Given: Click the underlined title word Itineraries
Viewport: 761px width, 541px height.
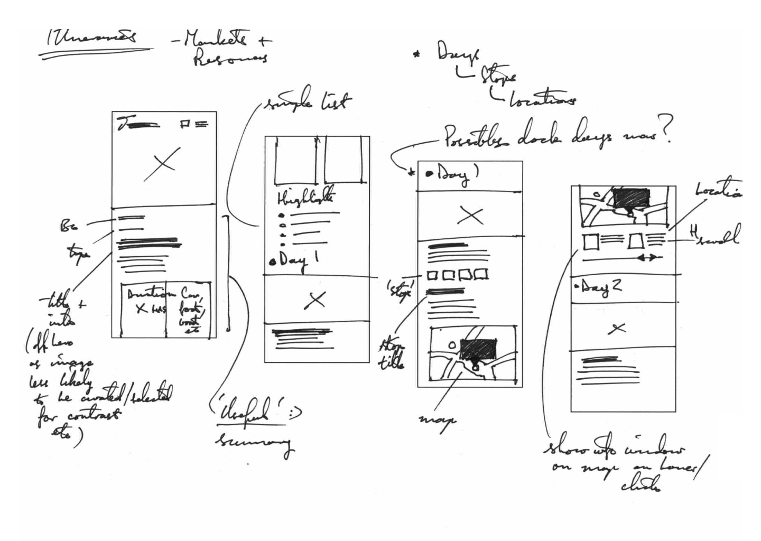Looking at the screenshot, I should (x=90, y=39).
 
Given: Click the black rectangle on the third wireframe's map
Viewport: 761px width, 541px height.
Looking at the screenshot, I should (x=478, y=349).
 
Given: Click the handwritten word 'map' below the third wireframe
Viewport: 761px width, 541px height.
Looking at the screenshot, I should (x=438, y=419).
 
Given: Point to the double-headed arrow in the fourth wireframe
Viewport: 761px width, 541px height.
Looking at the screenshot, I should (x=649, y=257).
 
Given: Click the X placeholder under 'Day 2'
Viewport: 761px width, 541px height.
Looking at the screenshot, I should (x=617, y=329).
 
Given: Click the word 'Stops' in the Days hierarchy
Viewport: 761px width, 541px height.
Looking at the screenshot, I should (x=498, y=78).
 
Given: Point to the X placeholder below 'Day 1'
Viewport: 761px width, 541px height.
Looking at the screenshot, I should (x=315, y=300).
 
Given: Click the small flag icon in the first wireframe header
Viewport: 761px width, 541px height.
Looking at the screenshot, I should (x=185, y=124).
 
